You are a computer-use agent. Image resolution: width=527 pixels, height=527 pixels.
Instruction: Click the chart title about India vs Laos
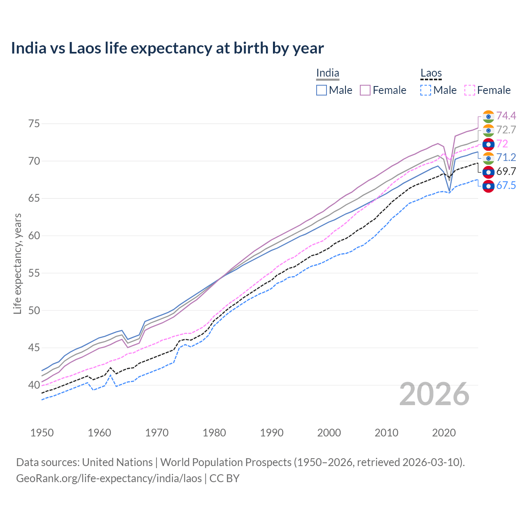[167, 48]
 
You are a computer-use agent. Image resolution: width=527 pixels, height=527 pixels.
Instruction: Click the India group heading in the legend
[327, 73]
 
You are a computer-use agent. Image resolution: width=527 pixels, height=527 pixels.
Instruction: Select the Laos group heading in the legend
[431, 73]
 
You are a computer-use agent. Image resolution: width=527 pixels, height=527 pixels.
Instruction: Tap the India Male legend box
[322, 90]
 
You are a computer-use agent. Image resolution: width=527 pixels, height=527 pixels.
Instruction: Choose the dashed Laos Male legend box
[426, 90]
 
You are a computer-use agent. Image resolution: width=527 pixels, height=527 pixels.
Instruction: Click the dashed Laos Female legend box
[470, 90]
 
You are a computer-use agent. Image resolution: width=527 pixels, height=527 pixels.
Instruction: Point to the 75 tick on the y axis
[34, 124]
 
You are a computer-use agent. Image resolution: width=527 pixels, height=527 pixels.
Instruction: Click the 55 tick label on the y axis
[34, 273]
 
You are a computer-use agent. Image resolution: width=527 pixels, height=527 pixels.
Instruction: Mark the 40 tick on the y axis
[34, 385]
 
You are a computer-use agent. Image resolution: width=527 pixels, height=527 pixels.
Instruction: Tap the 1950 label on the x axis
[42, 433]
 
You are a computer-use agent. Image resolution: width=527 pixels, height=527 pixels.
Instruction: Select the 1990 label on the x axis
[272, 433]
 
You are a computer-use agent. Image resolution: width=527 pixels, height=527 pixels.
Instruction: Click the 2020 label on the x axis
[444, 433]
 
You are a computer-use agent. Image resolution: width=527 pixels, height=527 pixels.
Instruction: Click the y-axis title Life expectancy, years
[17, 263]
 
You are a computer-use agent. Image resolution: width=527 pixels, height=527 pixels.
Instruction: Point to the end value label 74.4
[506, 116]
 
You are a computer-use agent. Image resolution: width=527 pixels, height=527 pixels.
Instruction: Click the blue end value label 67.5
[506, 186]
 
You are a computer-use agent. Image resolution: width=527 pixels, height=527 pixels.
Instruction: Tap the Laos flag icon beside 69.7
[488, 172]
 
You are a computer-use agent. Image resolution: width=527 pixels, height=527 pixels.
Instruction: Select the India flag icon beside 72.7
[488, 130]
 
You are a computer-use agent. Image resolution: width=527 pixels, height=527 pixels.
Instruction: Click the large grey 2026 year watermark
[434, 394]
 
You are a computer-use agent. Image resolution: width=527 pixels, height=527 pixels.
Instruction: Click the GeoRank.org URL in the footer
[109, 478]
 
